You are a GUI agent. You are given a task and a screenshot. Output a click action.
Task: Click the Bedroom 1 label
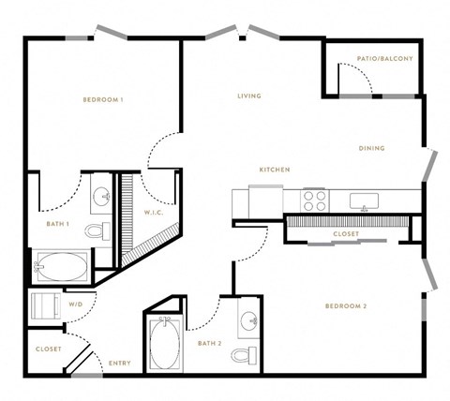click(x=103, y=99)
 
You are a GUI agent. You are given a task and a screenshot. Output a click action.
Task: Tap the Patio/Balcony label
click(x=385, y=58)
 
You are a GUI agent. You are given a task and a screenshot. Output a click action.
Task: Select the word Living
click(x=249, y=96)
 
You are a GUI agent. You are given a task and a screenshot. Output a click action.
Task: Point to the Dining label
click(x=371, y=148)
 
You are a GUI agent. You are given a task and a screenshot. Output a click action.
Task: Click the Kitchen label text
click(x=275, y=170)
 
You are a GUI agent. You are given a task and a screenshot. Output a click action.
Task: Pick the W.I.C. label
click(x=154, y=213)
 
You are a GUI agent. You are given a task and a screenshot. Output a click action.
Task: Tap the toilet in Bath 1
click(x=97, y=231)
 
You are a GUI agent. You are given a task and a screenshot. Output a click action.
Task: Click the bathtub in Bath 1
click(x=62, y=266)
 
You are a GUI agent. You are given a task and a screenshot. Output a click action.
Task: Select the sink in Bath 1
click(x=102, y=196)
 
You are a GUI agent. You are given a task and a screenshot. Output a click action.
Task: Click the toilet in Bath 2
click(x=245, y=355)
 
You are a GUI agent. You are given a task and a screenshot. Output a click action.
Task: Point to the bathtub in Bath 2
click(x=165, y=343)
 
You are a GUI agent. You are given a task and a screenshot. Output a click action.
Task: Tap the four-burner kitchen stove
click(x=315, y=201)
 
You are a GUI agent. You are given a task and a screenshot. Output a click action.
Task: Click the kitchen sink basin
click(x=364, y=200)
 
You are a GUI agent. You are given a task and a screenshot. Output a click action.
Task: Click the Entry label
click(x=120, y=364)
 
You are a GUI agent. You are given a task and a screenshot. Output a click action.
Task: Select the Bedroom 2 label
click(x=346, y=306)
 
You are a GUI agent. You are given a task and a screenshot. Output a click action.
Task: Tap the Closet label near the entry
click(x=49, y=349)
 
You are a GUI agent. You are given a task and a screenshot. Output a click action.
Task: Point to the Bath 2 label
click(x=210, y=344)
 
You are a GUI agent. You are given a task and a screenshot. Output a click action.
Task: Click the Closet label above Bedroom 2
click(x=346, y=234)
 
